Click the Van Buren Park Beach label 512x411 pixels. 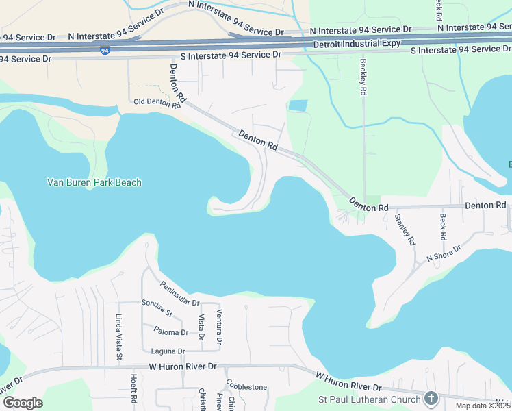[94, 182]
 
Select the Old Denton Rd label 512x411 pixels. [157, 103]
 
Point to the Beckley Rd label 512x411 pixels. [363, 76]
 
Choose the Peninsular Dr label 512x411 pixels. [179, 294]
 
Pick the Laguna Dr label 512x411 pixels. [172, 351]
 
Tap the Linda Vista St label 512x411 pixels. [119, 337]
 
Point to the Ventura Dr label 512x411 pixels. [220, 327]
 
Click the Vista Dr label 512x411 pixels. [201, 327]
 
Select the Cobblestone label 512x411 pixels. [246, 387]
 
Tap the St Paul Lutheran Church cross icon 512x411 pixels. [431, 397]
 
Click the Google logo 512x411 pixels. [23, 403]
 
